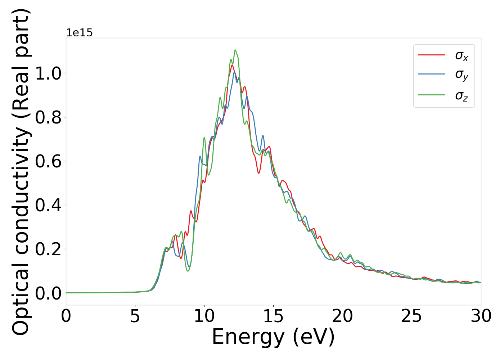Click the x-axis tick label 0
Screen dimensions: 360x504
click(66, 316)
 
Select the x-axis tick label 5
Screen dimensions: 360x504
click(135, 316)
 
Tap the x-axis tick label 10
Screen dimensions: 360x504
click(204, 316)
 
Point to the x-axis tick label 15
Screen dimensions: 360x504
click(273, 316)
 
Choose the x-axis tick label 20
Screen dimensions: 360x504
click(342, 316)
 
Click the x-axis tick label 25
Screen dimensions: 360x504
click(411, 316)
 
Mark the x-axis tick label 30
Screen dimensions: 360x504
click(481, 316)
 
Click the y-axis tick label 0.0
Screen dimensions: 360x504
click(48, 293)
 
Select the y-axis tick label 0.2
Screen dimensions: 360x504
click(48, 249)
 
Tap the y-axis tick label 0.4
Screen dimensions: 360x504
click(48, 205)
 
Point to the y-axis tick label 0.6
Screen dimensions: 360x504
click(48, 161)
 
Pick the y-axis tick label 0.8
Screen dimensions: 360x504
click(48, 117)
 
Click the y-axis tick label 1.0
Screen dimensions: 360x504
click(48, 73)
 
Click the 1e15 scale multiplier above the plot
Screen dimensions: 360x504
click(79, 33)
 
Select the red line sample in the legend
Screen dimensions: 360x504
click(431, 55)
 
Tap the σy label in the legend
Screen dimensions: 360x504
click(462, 75)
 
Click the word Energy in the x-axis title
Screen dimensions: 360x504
click(249, 337)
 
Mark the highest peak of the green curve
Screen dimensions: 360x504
click(235, 50)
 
